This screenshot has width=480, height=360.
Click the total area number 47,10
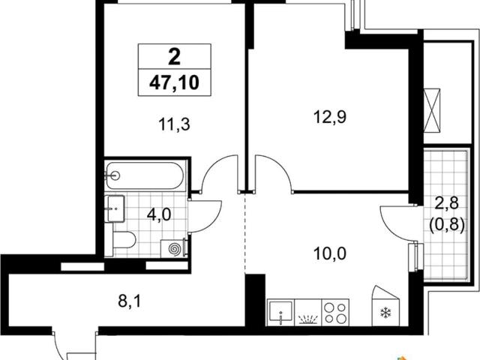pos(174,82)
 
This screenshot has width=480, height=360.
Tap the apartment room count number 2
pos(175,57)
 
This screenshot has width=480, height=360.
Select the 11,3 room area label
pos(175,125)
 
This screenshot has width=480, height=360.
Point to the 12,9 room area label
pos(330,117)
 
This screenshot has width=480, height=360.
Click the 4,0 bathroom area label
pos(159,214)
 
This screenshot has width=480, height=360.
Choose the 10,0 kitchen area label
pos(330,253)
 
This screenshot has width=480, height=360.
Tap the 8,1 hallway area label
pos(130,301)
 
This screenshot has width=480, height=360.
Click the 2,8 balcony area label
pos(447,202)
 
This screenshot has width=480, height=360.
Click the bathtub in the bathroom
pos(145,175)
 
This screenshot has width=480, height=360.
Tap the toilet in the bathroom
pos(124,240)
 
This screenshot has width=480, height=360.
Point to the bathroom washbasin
pos(114,208)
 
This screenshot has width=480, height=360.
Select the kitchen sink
pos(280,312)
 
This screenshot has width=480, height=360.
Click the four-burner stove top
pos(335,312)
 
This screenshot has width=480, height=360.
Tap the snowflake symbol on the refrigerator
pos(385,313)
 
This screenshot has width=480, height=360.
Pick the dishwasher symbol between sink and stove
pos(307,312)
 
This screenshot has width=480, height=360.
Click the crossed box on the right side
pos(432,111)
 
